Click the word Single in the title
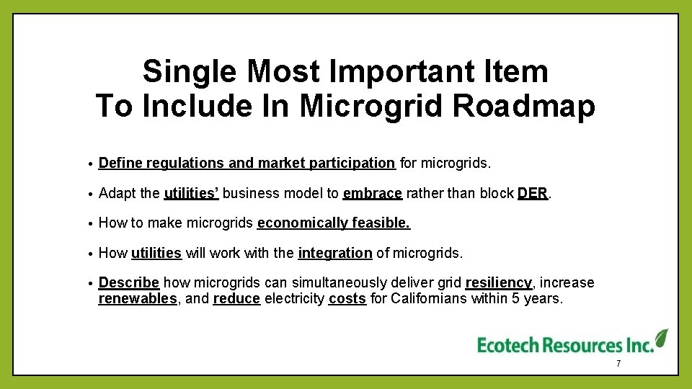click(x=190, y=72)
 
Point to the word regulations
click(x=185, y=164)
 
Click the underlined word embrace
click(x=372, y=193)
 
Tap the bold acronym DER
click(x=533, y=193)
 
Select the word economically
click(x=302, y=223)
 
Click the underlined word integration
click(x=335, y=253)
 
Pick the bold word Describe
click(x=128, y=282)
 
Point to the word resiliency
click(x=499, y=282)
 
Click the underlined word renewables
click(x=138, y=298)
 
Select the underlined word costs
click(x=347, y=298)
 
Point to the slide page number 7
click(x=618, y=365)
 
